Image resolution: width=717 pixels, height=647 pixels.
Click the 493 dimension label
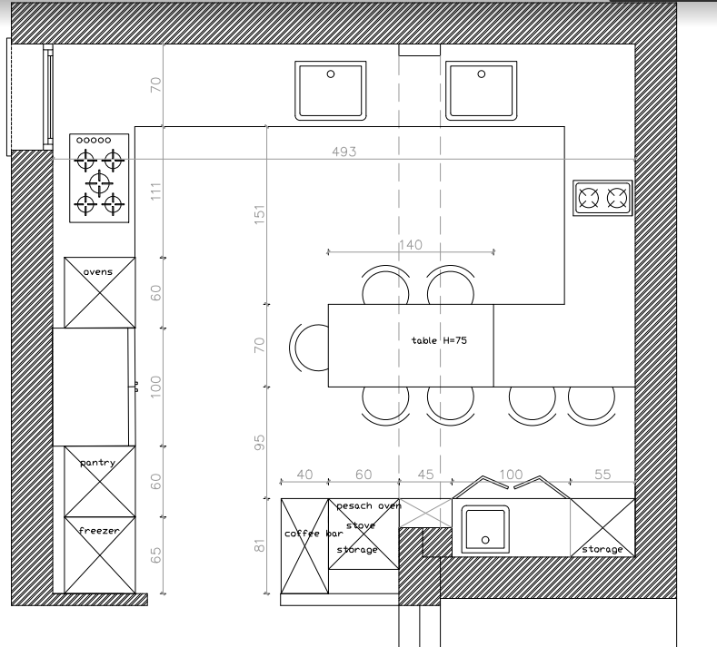[x=344, y=152]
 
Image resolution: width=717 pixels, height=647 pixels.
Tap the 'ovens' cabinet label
[x=98, y=272]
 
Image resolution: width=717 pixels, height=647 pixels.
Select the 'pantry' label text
[x=97, y=463]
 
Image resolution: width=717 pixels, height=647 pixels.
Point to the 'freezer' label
[x=99, y=531]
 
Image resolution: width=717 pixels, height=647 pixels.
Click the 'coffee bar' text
[x=314, y=534]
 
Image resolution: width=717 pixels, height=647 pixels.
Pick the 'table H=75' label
[x=439, y=340]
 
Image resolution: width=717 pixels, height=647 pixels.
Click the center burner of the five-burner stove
[x=99, y=183]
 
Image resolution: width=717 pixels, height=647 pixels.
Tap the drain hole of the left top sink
[x=331, y=74]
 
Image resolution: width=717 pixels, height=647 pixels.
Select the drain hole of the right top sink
[x=481, y=74]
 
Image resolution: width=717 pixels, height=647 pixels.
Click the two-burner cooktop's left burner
[x=589, y=198]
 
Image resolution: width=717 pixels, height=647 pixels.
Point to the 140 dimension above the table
[x=410, y=245]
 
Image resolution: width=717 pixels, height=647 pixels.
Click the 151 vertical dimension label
[x=259, y=214]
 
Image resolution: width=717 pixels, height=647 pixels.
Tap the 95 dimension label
[x=259, y=442]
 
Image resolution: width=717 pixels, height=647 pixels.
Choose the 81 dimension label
[x=259, y=545]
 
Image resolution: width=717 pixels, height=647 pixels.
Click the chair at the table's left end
[x=309, y=348]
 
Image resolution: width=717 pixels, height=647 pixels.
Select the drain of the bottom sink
[x=485, y=540]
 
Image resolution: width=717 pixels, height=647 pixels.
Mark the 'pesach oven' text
[x=369, y=506]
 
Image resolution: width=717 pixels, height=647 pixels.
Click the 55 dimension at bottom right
[x=602, y=475]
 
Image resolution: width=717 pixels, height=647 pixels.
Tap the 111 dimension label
[x=156, y=191]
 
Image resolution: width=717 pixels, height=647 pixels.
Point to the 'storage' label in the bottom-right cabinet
[x=602, y=549]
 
